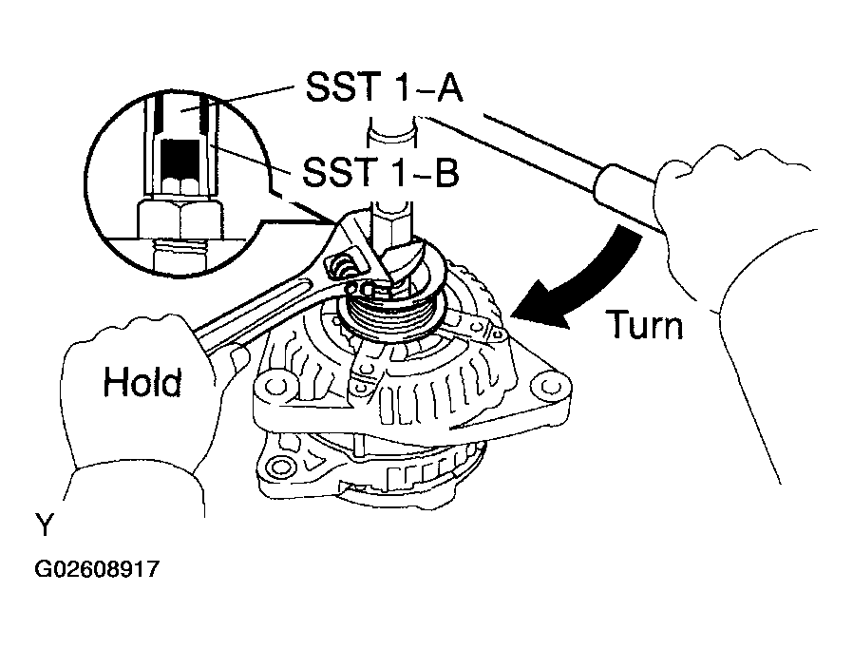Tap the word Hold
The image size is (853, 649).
click(142, 383)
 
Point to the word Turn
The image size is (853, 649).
click(645, 326)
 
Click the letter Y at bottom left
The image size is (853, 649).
click(44, 524)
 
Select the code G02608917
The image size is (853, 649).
click(97, 570)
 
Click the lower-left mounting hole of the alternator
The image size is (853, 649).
click(279, 466)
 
